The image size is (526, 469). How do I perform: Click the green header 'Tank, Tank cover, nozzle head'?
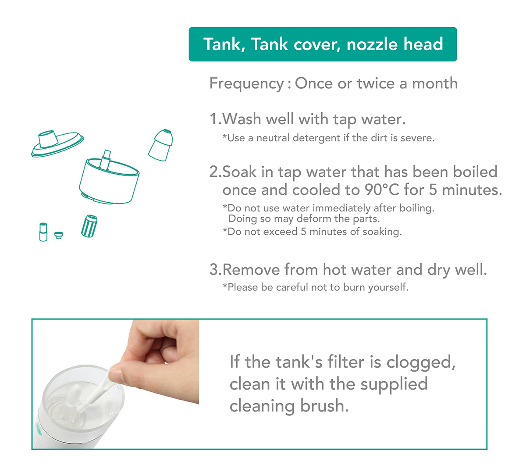[x=323, y=44]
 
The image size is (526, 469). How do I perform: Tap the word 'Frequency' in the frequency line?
[x=247, y=84]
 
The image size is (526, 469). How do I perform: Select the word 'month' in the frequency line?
[x=435, y=83]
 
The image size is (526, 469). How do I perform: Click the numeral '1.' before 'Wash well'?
[x=216, y=119]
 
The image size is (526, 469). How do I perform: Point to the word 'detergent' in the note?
[x=316, y=138]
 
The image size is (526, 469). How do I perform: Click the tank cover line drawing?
[x=57, y=144]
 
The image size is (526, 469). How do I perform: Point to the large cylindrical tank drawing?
[x=109, y=179]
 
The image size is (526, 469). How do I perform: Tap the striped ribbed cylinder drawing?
[x=89, y=226]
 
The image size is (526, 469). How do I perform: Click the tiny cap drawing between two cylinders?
[x=59, y=235]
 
